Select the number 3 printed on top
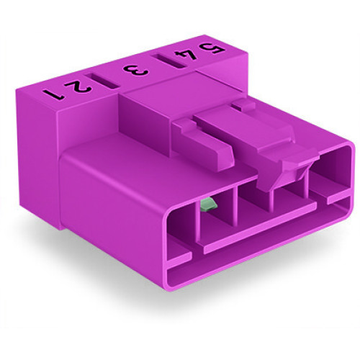(135, 71)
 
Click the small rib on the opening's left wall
(179, 253)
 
